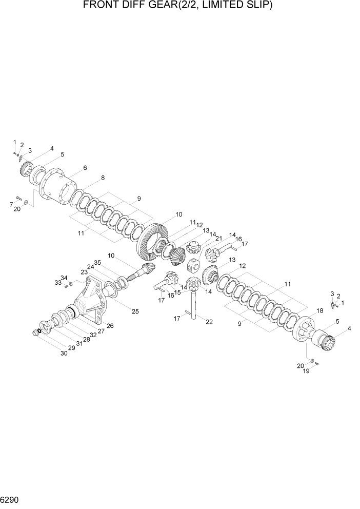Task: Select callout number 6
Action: click(85, 168)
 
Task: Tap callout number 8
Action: click(103, 178)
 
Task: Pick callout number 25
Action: click(135, 311)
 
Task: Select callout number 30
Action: click(64, 353)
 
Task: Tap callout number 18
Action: click(320, 311)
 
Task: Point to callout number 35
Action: click(98, 262)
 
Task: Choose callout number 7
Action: click(11, 205)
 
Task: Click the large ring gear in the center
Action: click(153, 242)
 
